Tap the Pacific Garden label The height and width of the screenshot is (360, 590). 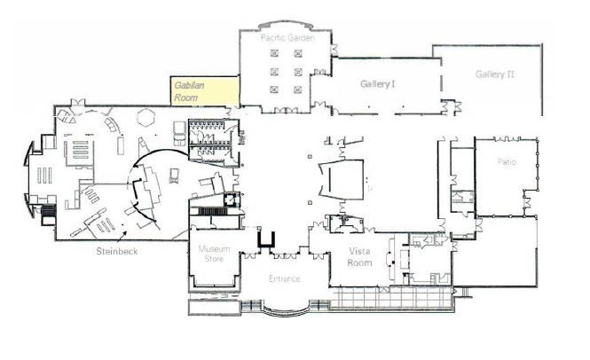tap(285, 39)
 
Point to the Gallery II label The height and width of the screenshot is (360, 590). tap(494, 74)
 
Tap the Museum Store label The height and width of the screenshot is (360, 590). tap(215, 254)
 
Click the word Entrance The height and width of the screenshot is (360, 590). tap(285, 278)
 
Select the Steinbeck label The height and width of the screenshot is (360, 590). tap(118, 251)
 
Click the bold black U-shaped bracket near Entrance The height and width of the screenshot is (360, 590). tap(267, 238)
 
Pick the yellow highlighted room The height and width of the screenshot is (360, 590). tap(205, 90)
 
